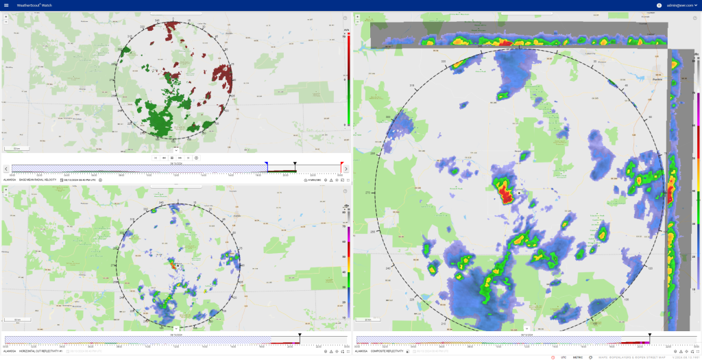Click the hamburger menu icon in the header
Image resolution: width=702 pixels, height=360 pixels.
(x=6, y=5)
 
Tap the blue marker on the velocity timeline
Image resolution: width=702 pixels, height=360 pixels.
(x=267, y=165)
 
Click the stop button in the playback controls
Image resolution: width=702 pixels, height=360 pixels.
(x=172, y=158)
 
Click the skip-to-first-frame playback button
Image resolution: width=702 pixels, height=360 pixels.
(x=156, y=158)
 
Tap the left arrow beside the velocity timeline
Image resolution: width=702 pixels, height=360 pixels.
(x=6, y=169)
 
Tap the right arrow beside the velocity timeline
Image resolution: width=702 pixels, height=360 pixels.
(x=346, y=169)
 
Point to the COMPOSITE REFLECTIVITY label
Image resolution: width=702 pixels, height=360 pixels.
(x=389, y=351)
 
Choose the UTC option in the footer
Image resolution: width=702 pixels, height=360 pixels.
(x=564, y=357)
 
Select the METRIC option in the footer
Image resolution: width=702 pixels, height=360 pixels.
(x=578, y=357)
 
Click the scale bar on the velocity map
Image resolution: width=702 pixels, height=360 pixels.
(x=12, y=148)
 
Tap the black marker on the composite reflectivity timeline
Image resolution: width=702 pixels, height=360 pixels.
(x=649, y=336)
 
